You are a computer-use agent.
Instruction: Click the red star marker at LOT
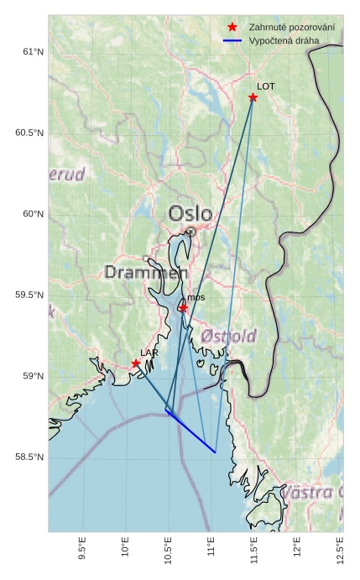253,97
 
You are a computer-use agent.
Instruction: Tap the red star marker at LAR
136,363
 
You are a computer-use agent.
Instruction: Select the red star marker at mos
183,308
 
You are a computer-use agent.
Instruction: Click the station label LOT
266,86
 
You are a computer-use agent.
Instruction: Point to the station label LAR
149,353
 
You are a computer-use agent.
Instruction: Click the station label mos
196,297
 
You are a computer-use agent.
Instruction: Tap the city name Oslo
190,213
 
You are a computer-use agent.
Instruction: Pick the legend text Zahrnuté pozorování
292,28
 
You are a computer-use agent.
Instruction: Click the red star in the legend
232,28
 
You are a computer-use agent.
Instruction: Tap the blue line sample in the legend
232,40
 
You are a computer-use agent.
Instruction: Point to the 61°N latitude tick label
31,52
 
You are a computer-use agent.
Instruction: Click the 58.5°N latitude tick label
28,457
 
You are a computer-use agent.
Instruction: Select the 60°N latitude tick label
31,214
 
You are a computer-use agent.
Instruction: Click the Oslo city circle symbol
190,232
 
